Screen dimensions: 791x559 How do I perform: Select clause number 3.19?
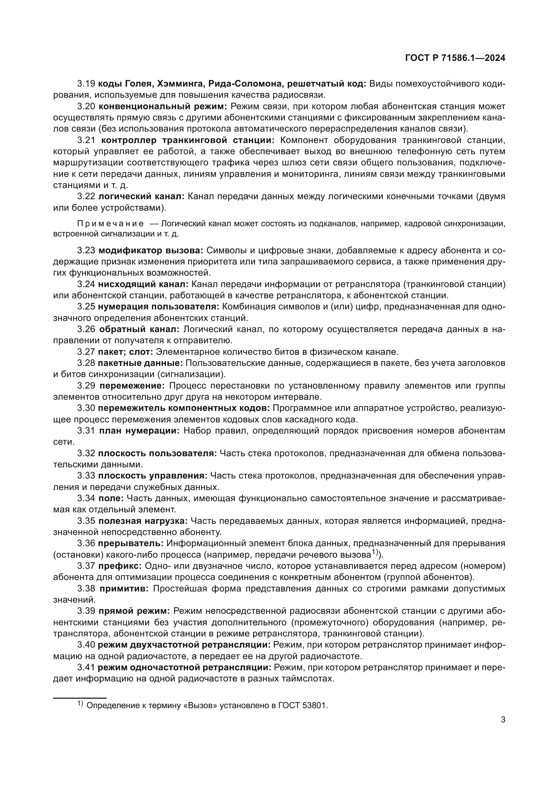(86, 84)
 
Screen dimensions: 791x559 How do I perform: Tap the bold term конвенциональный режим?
(161, 106)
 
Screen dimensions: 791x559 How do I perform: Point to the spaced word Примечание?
(111, 224)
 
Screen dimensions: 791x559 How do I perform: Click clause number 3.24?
(86, 284)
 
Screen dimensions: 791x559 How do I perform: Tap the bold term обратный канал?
(139, 329)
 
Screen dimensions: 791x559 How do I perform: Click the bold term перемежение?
(131, 386)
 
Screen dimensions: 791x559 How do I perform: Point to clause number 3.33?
(86, 476)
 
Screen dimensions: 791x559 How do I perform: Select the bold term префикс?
(120, 566)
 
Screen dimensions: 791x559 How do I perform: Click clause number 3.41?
(86, 667)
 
